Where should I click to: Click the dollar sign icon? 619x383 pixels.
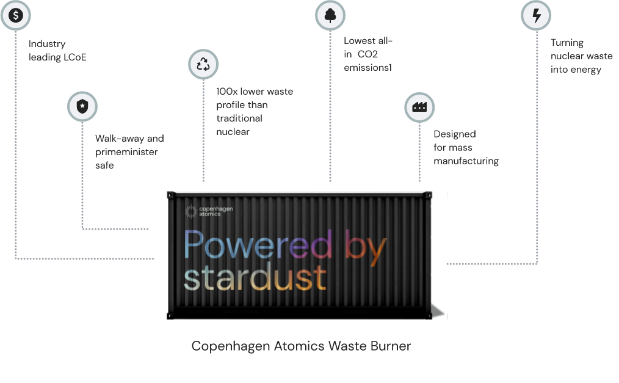pos(15,15)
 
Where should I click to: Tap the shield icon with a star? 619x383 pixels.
pos(82,106)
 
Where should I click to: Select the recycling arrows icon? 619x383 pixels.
pos(203,65)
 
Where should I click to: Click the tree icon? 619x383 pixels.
pos(330,16)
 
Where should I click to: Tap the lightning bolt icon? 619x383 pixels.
pos(536,16)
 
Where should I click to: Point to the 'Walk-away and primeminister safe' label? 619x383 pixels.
pos(129,152)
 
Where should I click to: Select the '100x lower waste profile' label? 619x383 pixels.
pos(255,111)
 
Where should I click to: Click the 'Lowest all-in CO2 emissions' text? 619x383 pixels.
pos(367,54)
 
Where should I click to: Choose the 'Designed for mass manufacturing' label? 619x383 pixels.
pos(466,147)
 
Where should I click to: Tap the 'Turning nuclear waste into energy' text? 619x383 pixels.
pos(581,56)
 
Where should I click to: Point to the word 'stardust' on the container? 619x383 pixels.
pos(255,279)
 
